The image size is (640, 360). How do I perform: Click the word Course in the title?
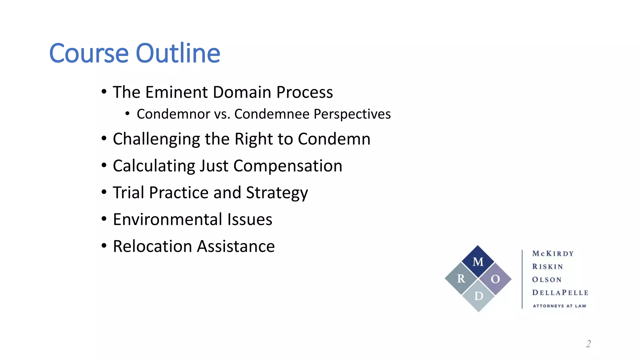point(89,53)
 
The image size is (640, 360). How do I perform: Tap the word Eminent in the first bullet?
point(177,92)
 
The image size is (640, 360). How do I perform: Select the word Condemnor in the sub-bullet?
point(173,114)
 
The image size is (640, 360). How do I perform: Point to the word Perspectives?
point(352,114)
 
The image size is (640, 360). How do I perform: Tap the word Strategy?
point(277,193)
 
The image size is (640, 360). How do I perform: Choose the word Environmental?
point(167,219)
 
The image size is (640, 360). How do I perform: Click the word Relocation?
point(152,246)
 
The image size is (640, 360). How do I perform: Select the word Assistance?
point(236,246)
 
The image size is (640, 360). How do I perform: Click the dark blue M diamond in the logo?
point(478,261)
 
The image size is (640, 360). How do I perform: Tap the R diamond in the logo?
point(461,278)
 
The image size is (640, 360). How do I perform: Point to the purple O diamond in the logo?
point(495,279)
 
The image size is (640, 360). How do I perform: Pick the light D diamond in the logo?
point(478,296)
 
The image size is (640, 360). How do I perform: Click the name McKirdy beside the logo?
point(553,253)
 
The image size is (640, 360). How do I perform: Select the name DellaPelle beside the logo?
point(560,293)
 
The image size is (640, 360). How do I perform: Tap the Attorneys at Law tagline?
point(559,306)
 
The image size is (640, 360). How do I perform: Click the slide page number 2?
point(588,344)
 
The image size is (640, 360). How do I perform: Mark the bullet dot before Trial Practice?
point(104,192)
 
